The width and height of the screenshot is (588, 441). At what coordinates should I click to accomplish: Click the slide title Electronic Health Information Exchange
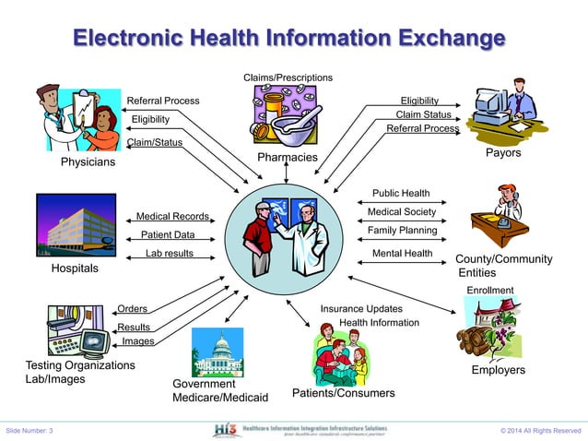click(x=288, y=39)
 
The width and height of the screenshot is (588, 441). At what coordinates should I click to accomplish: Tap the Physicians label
click(x=88, y=162)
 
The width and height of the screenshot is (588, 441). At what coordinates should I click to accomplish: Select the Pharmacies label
click(x=288, y=158)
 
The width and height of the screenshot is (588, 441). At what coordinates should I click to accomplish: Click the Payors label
click(x=503, y=152)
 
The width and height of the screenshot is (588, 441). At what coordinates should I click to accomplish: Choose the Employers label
click(x=498, y=370)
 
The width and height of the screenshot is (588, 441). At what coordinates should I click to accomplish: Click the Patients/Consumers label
click(x=343, y=393)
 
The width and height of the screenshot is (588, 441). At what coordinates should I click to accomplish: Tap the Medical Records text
click(x=173, y=217)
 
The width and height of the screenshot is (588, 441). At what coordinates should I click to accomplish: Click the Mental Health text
click(x=402, y=254)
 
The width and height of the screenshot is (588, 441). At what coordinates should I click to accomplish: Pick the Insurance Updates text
click(x=361, y=308)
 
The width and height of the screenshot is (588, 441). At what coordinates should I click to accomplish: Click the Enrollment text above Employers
click(x=489, y=291)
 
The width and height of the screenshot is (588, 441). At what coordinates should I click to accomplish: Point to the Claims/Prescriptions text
click(x=288, y=77)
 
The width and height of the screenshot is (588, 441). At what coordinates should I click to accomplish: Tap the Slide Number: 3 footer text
click(x=29, y=431)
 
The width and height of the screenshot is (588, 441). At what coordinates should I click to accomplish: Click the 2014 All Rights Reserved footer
click(x=541, y=431)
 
